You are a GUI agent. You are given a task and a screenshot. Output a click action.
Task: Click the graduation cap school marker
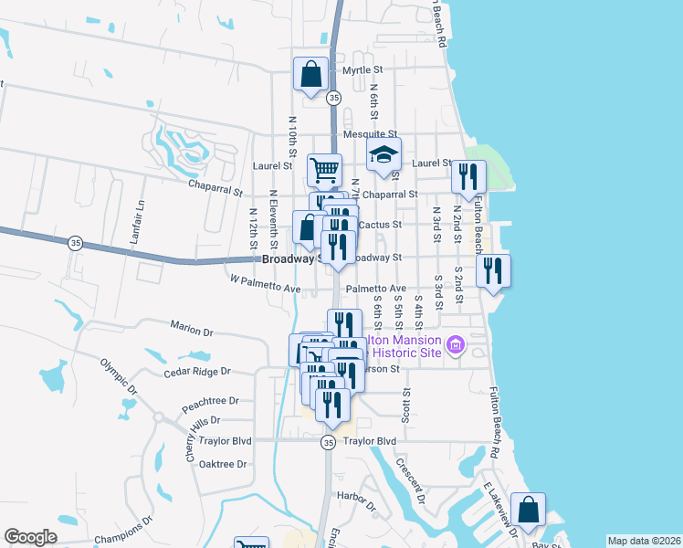pos(384,154)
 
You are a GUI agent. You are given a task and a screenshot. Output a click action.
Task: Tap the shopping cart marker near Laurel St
pos(325,169)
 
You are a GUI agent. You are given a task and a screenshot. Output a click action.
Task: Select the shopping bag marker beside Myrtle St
pos(310,74)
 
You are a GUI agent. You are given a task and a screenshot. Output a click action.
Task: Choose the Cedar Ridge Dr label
pos(197,372)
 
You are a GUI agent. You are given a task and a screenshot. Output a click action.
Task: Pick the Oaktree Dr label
pos(223,464)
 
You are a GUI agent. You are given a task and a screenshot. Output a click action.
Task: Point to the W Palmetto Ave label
pos(265,289)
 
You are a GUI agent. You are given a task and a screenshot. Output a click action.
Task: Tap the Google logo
pos(31,537)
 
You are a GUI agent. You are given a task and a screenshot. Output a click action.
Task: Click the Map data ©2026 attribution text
pos(644,541)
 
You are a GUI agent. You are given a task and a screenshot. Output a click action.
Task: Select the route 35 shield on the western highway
pos(75,242)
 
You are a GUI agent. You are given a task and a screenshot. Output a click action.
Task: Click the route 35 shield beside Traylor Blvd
pos(328,442)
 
